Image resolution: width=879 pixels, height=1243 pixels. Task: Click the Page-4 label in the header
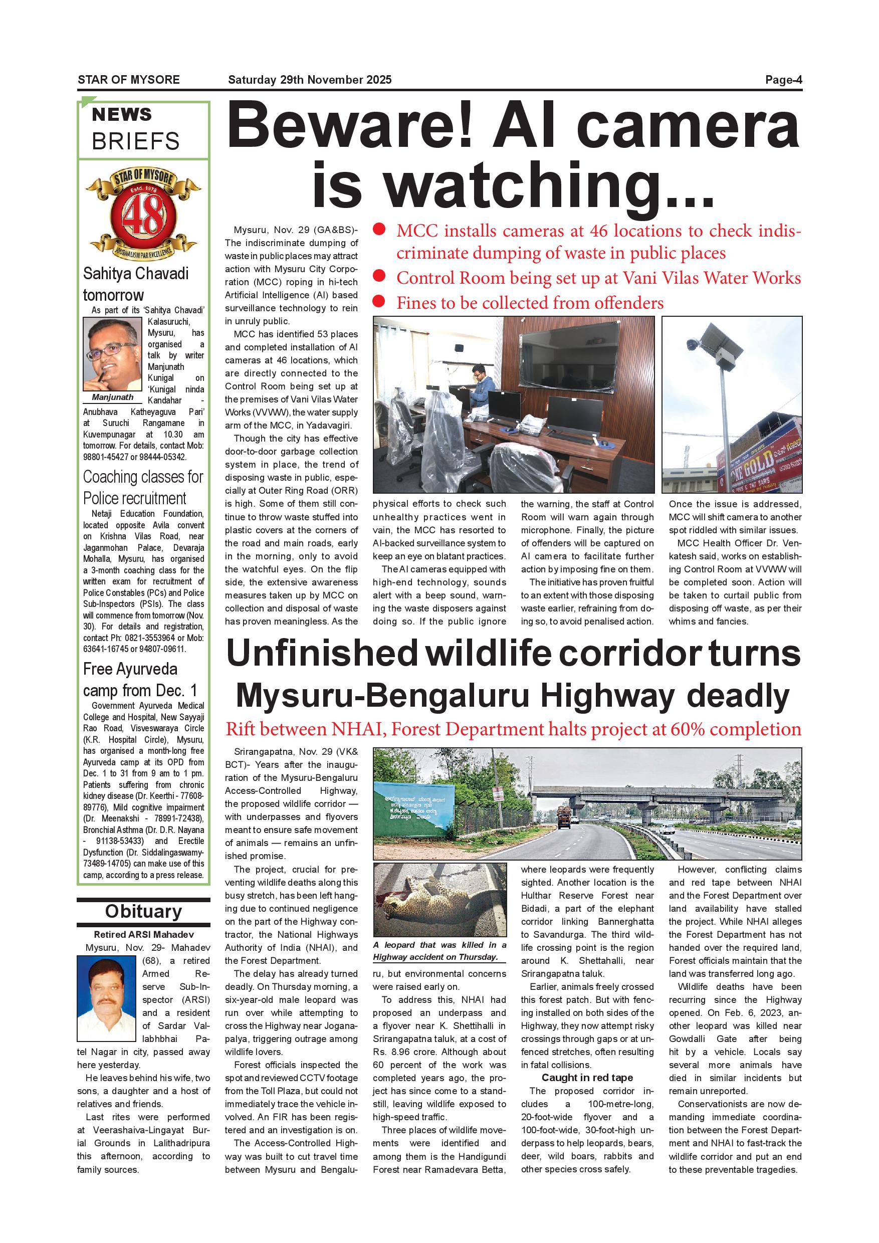(x=783, y=80)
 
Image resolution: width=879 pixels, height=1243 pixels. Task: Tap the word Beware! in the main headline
(x=353, y=128)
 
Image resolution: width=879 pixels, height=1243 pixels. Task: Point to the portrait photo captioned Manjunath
(x=112, y=354)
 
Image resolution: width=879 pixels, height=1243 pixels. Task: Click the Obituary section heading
(x=143, y=911)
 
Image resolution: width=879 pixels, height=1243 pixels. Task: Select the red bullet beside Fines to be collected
(x=379, y=302)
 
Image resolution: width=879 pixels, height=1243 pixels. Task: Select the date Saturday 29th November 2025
(x=310, y=80)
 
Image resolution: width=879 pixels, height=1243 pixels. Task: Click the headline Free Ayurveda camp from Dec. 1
(x=140, y=680)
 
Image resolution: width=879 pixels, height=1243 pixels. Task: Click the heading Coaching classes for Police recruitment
(x=143, y=487)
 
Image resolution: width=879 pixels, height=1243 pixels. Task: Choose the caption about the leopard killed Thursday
(x=439, y=951)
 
